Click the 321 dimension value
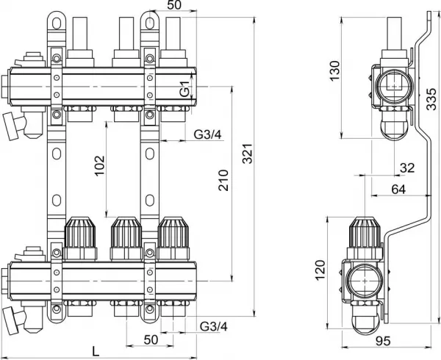pos(248,154)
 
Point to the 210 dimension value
pos(223,180)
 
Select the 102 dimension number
pos(99,166)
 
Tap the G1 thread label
pos(184,89)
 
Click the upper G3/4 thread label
pos(207,134)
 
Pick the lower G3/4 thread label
pos(214,326)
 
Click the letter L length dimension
pos(96,351)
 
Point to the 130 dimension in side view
pos(335,71)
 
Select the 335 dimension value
pos(431,99)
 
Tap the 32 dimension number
pos(407,168)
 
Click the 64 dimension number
pos(398,189)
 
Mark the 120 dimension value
pos(320,270)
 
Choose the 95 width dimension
pos(384,341)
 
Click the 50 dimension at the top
pos(174,5)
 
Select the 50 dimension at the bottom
pos(151,339)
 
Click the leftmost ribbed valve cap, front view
pos(80,232)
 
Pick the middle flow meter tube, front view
pos(126,34)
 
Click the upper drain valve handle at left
pos(10,126)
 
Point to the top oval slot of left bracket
pos(57,24)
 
